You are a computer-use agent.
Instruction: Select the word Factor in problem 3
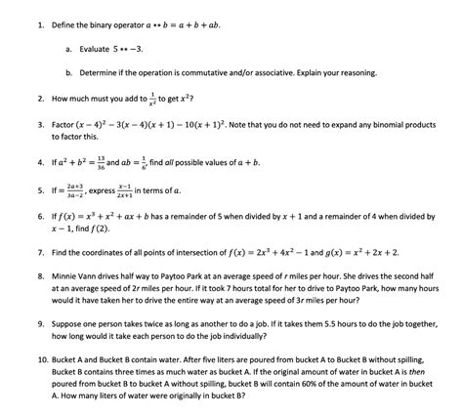pos(64,126)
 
